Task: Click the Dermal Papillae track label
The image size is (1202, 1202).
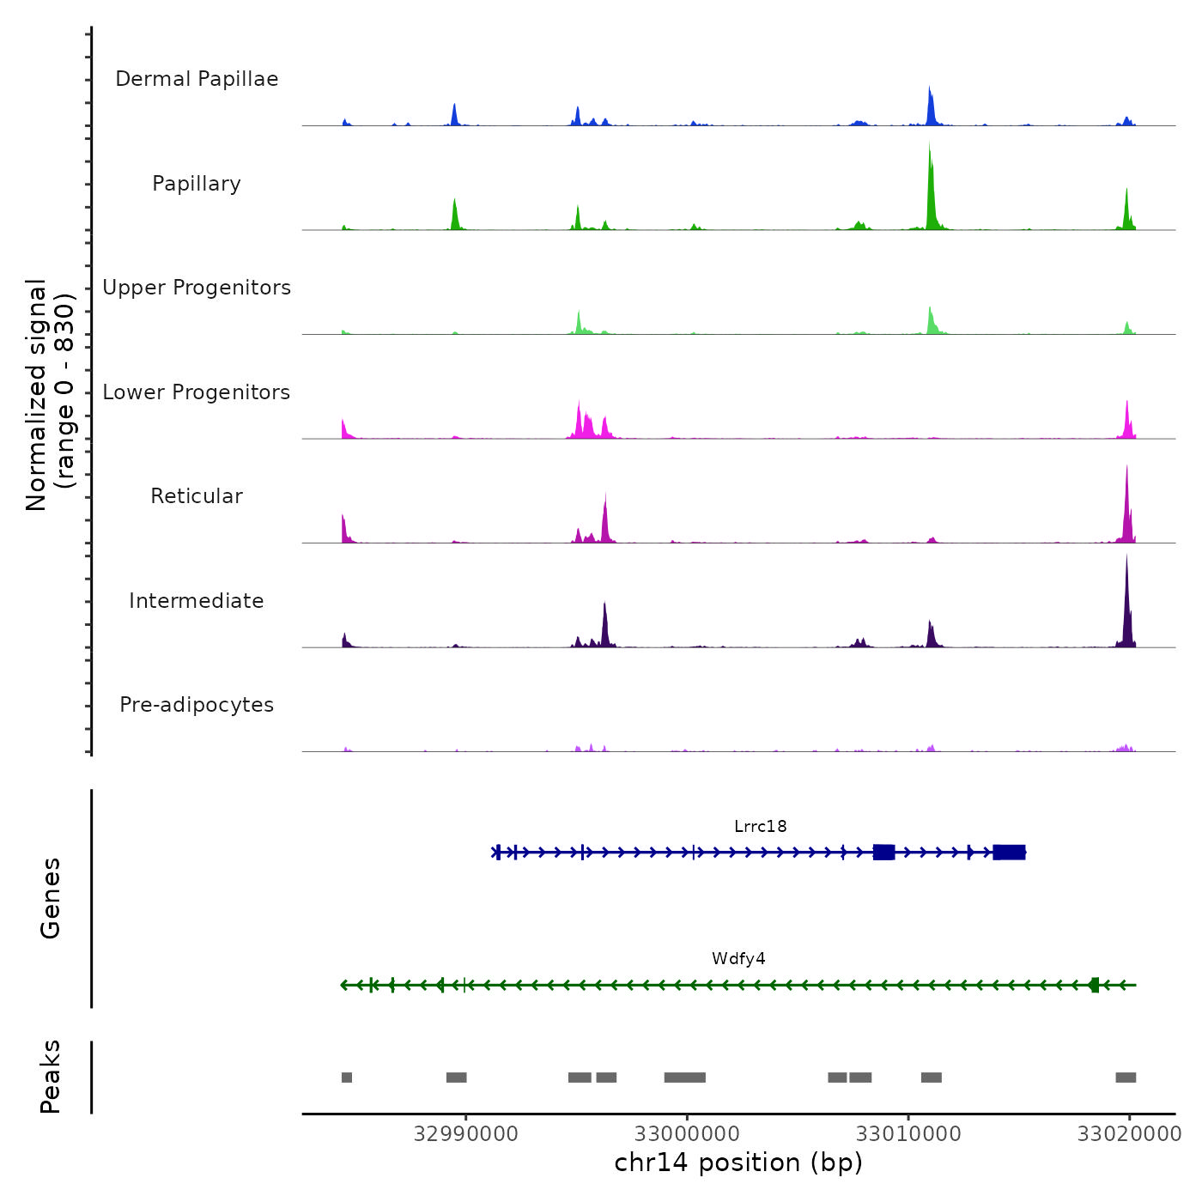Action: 197,79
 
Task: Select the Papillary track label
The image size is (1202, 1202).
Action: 197,184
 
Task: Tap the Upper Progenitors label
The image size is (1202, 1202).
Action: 197,288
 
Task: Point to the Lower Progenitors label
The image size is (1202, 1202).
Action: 197,392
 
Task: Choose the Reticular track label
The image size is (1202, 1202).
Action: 197,496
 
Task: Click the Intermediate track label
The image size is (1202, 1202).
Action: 197,601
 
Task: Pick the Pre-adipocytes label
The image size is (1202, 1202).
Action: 197,705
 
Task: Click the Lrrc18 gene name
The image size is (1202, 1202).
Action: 760,827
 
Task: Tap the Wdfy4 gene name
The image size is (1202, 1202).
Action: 738,959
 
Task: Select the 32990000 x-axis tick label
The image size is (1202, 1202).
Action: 465,1134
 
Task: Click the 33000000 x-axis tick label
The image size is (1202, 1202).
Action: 687,1134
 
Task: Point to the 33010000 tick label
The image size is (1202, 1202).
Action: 908,1134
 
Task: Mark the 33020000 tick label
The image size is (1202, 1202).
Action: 1129,1134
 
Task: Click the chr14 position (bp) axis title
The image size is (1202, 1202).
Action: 738,1163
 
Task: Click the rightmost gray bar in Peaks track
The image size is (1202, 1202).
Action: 1126,1078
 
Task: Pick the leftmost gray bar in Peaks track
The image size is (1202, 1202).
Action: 347,1078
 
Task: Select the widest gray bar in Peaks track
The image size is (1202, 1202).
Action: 684,1078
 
